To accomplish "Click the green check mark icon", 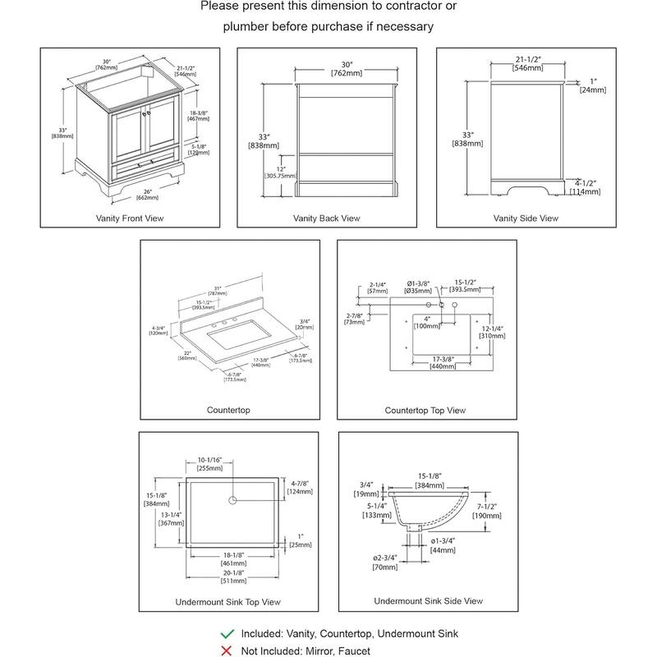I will [227, 634].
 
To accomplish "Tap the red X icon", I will [227, 650].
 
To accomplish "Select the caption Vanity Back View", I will [327, 218].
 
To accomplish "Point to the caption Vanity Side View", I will [526, 218].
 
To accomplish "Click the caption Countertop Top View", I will [425, 410].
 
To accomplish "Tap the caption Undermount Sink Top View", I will [227, 602].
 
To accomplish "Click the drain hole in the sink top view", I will [232, 498].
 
